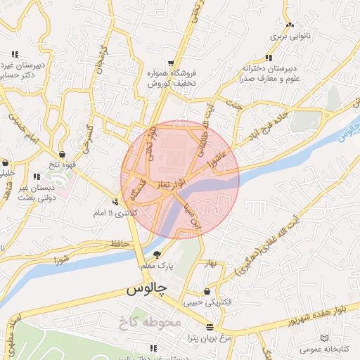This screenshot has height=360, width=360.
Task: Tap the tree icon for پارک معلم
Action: pyautogui.click(x=156, y=255)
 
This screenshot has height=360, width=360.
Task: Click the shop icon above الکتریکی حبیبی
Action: pyautogui.click(x=207, y=292)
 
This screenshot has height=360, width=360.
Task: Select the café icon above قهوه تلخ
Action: pyautogui.click(x=63, y=153)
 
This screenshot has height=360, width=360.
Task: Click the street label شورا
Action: pyautogui.click(x=62, y=258)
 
